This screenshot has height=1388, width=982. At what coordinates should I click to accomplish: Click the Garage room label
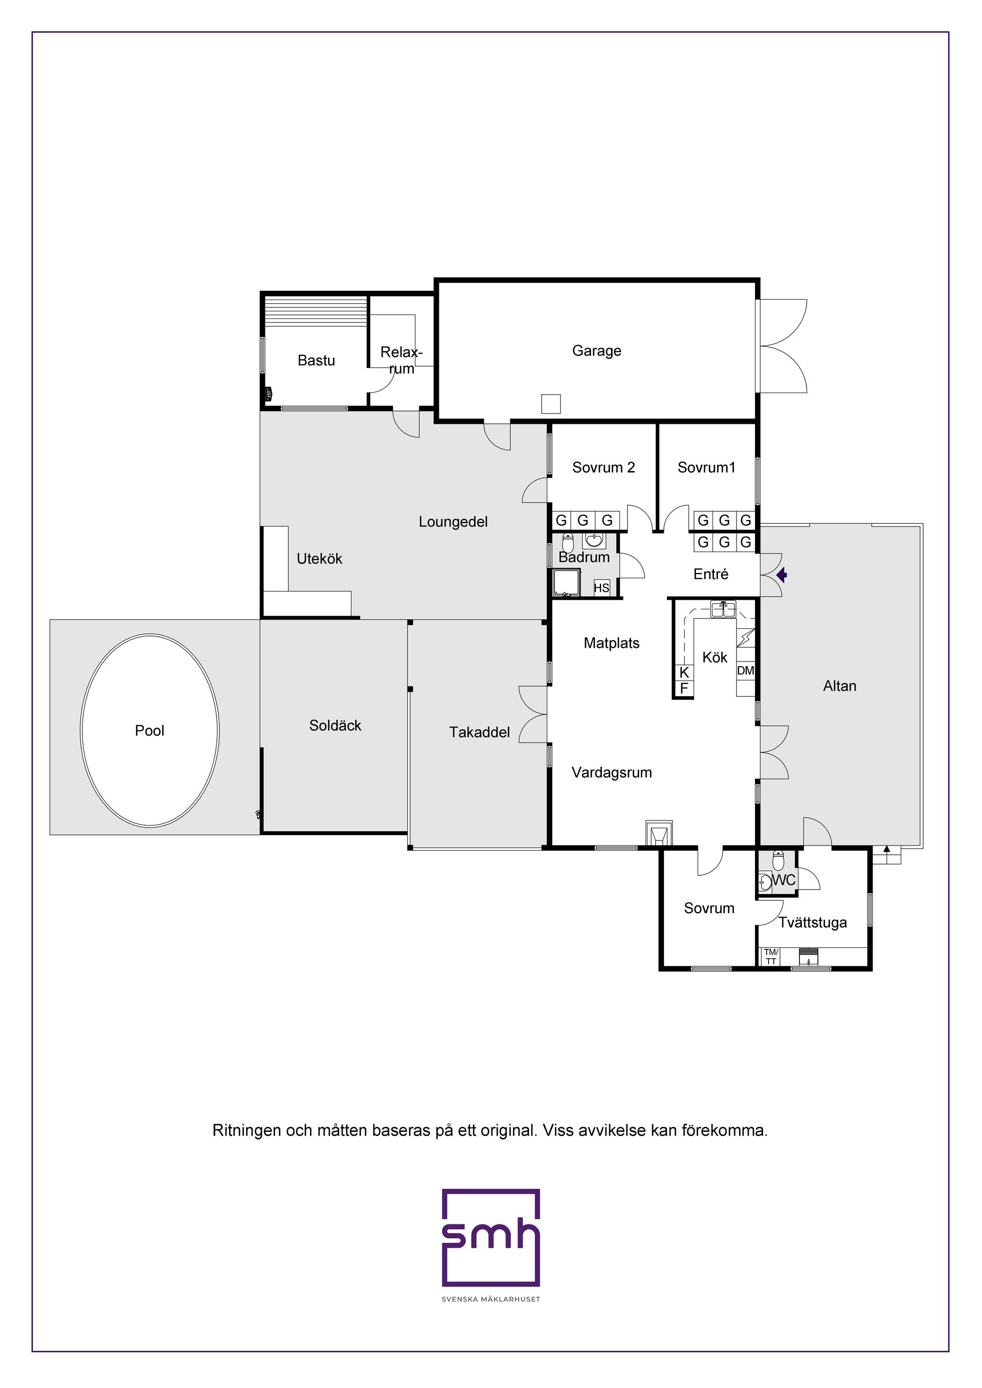(596, 351)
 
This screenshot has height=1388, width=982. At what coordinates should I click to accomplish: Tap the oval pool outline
(81, 730)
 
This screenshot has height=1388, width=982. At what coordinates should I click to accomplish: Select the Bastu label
(316, 360)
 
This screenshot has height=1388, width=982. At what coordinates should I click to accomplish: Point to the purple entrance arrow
(782, 574)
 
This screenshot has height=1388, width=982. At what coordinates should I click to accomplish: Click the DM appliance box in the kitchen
(746, 670)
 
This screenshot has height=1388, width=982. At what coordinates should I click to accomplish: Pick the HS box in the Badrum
(601, 587)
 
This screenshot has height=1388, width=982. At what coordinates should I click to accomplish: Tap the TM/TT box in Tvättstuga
(771, 957)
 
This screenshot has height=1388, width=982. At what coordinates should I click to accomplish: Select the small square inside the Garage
(551, 404)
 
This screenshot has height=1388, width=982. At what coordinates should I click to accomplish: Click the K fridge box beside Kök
(684, 673)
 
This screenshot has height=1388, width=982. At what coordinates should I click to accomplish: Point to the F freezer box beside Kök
(684, 689)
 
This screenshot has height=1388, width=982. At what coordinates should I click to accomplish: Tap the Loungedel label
(453, 521)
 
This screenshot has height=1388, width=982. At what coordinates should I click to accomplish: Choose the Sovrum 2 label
(604, 467)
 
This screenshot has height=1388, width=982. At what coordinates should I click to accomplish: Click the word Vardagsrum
(611, 772)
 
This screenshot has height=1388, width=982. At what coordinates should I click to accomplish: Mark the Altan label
(839, 686)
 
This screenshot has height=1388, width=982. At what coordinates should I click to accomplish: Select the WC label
(784, 880)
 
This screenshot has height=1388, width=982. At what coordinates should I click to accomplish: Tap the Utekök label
(319, 559)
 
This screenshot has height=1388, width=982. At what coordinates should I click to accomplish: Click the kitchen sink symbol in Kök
(723, 609)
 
